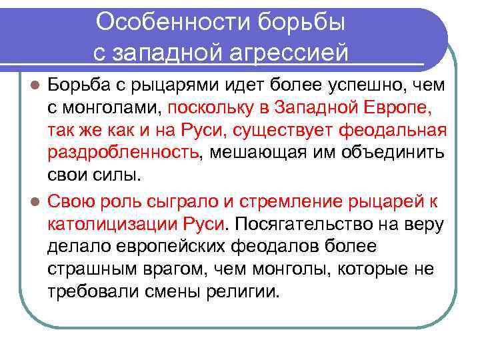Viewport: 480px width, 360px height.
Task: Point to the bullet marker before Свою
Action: click(37, 201)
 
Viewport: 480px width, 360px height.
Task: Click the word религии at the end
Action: click(247, 292)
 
